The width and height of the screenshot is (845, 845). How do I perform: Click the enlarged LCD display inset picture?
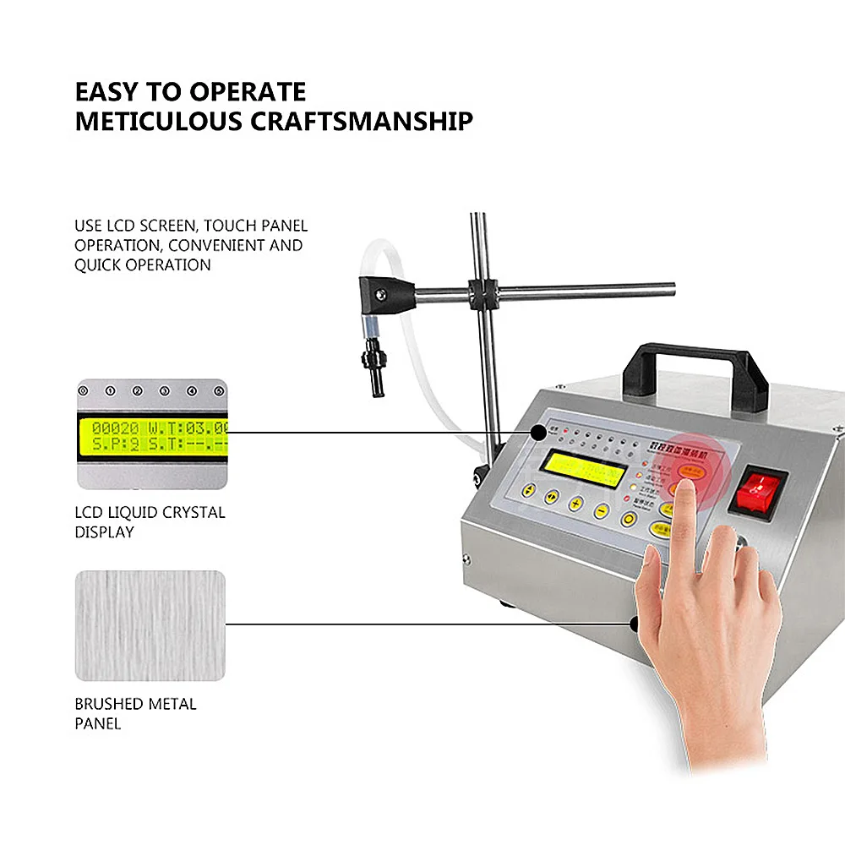(152, 433)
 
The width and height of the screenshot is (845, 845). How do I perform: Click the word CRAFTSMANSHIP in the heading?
(362, 121)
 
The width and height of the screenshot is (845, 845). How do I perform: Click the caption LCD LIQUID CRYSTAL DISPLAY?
(150, 522)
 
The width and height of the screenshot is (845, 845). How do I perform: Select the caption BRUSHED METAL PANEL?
(135, 713)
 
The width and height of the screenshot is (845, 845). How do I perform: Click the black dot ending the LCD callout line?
(537, 433)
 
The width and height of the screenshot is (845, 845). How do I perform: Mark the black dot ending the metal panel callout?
(635, 624)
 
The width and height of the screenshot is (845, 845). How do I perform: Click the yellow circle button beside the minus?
(630, 519)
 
